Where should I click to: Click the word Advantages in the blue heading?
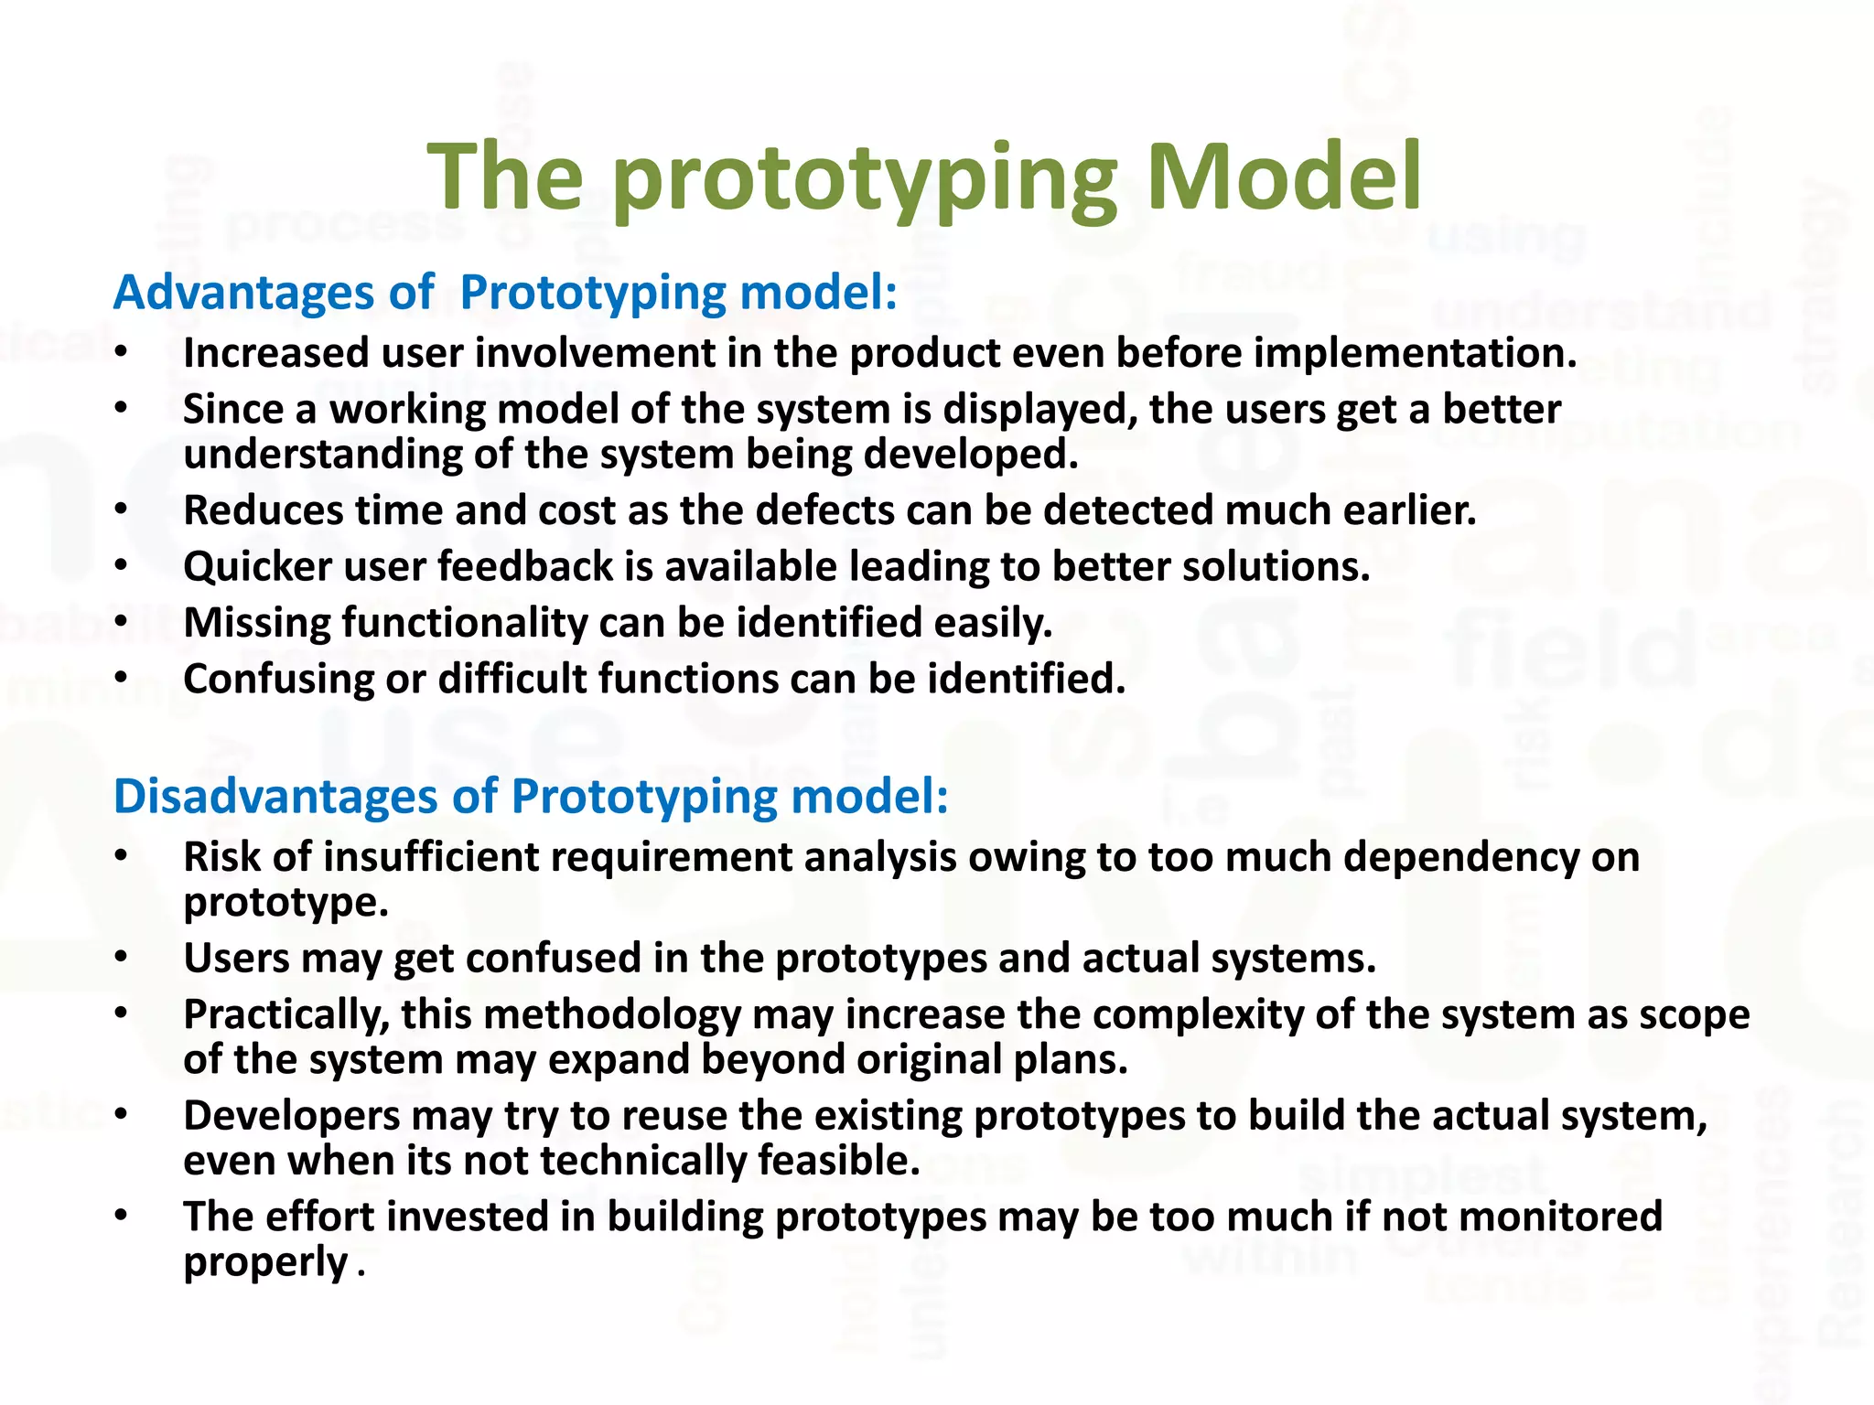pyautogui.click(x=243, y=293)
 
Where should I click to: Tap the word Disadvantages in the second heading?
pyautogui.click(x=275, y=796)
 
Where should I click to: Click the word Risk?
pyautogui.click(x=221, y=857)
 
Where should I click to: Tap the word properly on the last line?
pyautogui.click(x=265, y=1263)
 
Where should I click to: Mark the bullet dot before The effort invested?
pyautogui.click(x=122, y=1216)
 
